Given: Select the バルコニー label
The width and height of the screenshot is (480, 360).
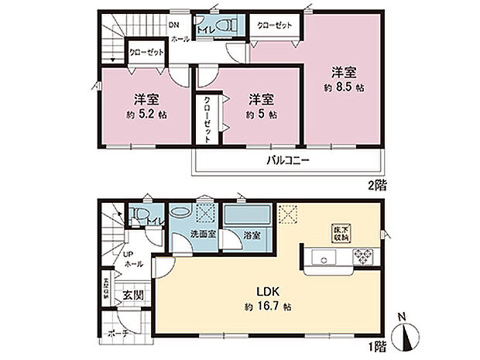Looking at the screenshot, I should (x=289, y=161).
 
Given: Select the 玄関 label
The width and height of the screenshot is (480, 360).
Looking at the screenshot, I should (x=132, y=295).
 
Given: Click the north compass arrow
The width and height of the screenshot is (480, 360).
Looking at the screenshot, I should (x=406, y=338).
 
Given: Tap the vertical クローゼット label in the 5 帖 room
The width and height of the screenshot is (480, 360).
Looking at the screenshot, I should (x=208, y=117).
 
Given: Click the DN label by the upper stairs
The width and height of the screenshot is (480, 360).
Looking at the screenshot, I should (x=174, y=24).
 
